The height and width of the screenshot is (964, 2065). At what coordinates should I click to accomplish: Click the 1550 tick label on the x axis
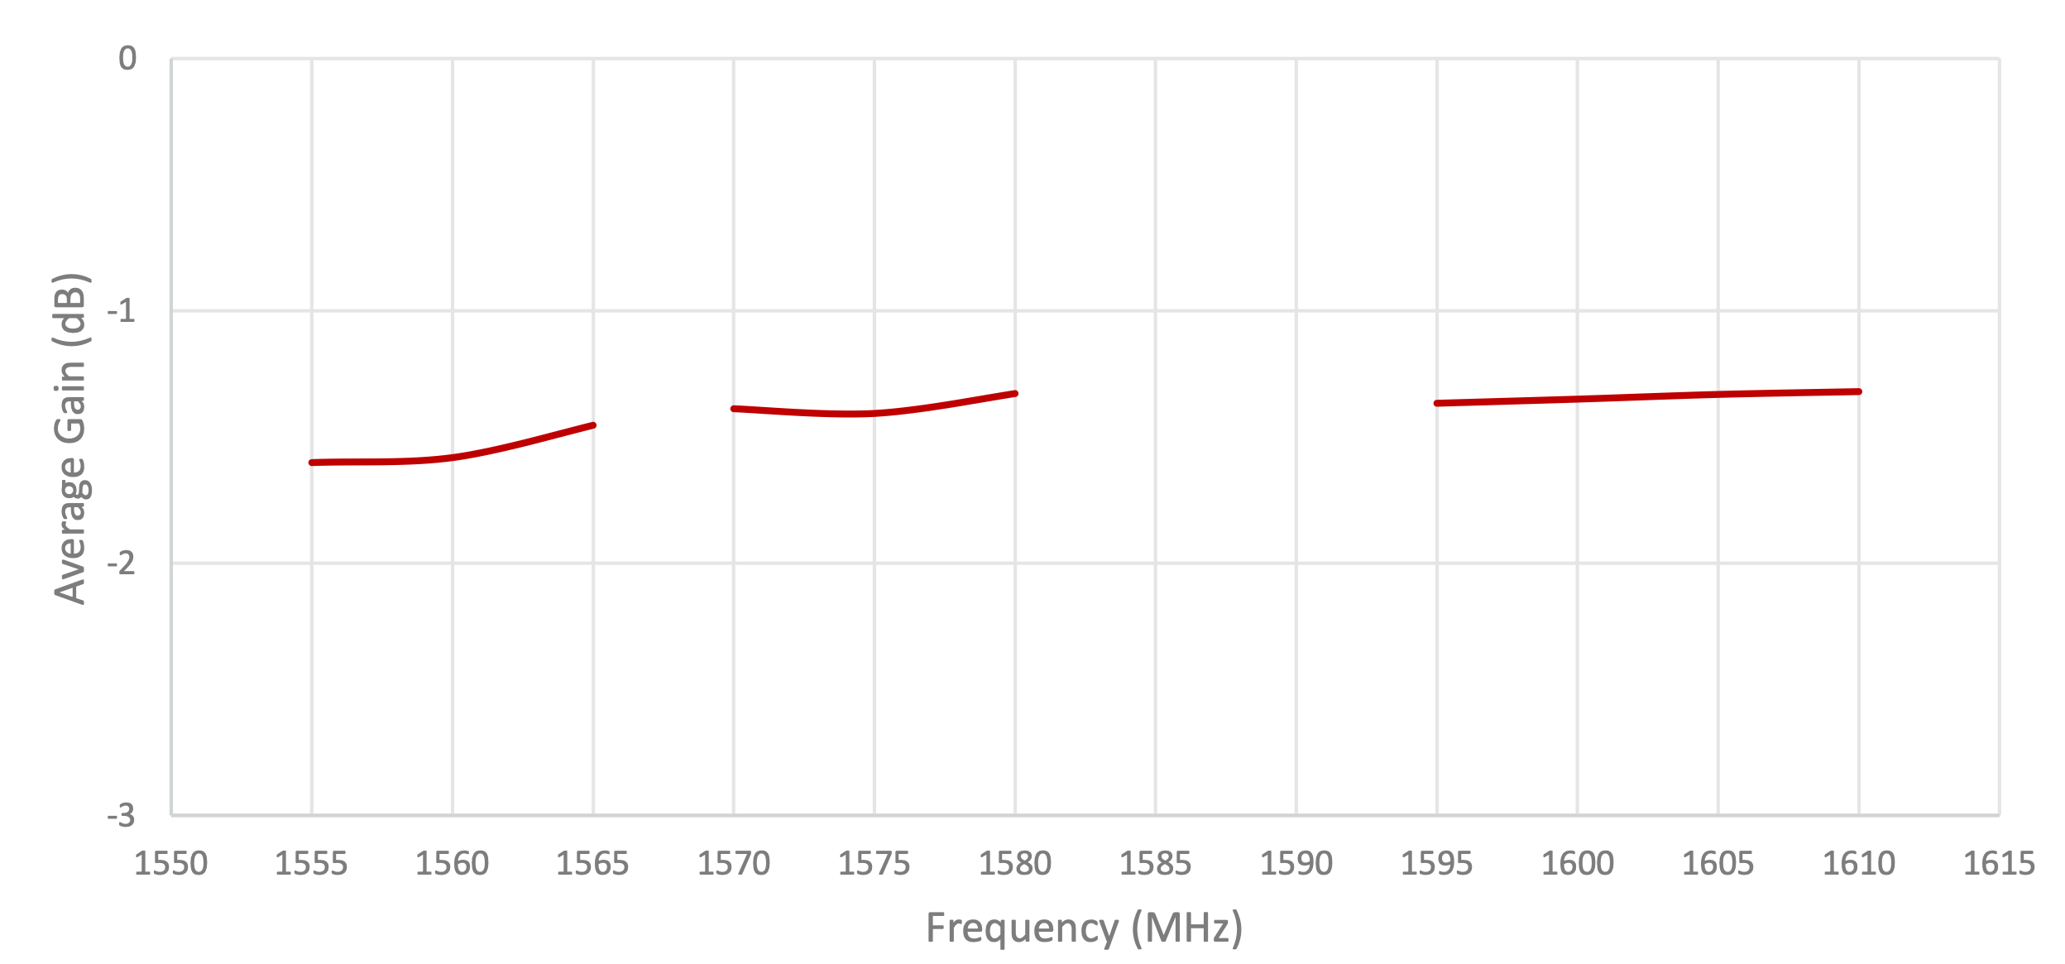(x=170, y=864)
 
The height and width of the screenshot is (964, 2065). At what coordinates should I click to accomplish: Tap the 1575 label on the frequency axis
(x=874, y=864)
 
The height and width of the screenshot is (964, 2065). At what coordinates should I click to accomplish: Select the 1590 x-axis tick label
(x=1296, y=864)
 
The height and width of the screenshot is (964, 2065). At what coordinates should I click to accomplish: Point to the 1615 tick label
(x=1999, y=864)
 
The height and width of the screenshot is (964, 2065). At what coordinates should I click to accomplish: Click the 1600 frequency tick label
(x=1577, y=864)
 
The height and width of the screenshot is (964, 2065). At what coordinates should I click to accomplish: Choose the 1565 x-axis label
(x=592, y=864)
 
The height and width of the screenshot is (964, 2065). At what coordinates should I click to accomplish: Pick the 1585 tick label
(x=1155, y=864)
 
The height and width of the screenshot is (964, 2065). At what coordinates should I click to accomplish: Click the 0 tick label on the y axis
(x=127, y=59)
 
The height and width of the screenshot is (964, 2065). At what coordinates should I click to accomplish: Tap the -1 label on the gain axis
(x=121, y=311)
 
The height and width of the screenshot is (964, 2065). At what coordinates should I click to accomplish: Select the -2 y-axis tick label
(x=121, y=564)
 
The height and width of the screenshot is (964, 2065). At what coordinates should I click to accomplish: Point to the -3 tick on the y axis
(x=121, y=816)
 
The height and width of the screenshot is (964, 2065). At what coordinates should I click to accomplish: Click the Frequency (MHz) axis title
(x=1084, y=928)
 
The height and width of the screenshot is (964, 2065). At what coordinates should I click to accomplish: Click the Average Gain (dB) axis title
(x=70, y=439)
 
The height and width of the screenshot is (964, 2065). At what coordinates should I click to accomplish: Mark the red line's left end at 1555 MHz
(x=312, y=463)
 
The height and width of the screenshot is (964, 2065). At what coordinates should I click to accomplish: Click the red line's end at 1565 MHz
(x=593, y=425)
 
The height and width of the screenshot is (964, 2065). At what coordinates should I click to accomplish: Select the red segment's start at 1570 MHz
(x=734, y=409)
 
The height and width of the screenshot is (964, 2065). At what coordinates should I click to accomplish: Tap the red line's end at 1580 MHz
(x=1015, y=394)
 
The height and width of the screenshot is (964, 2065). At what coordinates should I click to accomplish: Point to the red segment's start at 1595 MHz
(x=1437, y=403)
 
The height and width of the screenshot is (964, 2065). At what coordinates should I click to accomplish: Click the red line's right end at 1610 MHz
(x=1859, y=391)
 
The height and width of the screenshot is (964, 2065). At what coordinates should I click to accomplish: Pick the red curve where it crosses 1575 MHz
(x=874, y=413)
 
